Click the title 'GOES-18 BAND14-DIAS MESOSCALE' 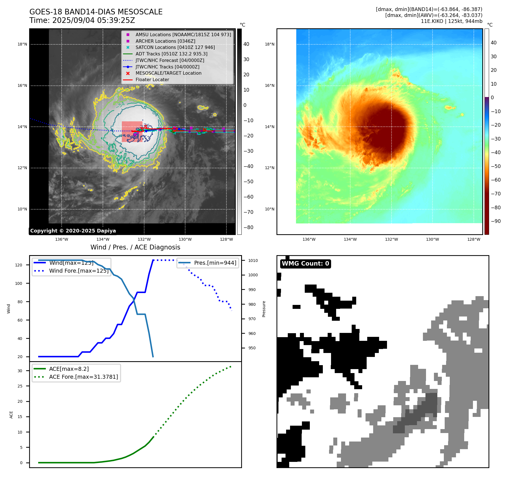[x=96, y=12]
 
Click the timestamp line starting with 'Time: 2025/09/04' [x=82, y=20]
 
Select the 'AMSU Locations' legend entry [x=183, y=35]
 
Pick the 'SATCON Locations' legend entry [x=175, y=47]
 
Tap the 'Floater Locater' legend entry [x=152, y=79]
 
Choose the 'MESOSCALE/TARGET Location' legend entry [x=168, y=73]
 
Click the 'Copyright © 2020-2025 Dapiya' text [x=73, y=231]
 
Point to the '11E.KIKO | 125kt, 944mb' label [x=451, y=21]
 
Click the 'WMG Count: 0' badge [x=305, y=264]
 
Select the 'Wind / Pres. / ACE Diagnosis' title [x=135, y=247]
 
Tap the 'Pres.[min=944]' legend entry [x=215, y=263]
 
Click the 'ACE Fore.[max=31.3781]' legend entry [x=83, y=377]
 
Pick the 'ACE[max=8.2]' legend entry [x=69, y=369]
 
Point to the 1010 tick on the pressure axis [x=253, y=260]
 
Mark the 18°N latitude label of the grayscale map [x=22, y=44]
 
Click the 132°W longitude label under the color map [x=391, y=239]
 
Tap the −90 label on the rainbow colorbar [x=496, y=221]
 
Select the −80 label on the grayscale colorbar [x=248, y=227]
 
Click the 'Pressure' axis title [x=264, y=309]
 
